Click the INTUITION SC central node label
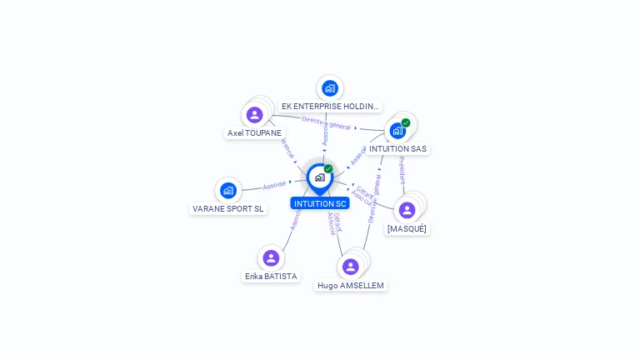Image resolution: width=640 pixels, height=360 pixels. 319,203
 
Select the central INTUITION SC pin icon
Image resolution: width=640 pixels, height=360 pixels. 319,177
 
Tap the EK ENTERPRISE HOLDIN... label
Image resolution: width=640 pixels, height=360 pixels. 330,107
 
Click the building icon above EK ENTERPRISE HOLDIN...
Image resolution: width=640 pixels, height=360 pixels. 330,87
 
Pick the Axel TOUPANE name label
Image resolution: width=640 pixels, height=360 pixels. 255,132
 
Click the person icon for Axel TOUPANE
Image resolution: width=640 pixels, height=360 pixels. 255,114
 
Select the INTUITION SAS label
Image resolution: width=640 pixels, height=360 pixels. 397,149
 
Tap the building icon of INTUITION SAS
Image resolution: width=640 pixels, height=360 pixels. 397,131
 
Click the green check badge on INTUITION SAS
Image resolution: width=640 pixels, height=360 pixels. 406,123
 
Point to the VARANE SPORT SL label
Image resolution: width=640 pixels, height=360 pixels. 228,209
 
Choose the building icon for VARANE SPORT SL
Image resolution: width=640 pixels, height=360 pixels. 228,190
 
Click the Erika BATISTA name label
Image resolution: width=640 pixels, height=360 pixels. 271,276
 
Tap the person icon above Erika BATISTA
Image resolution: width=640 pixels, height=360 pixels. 271,257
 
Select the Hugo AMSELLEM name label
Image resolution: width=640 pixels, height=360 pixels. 351,285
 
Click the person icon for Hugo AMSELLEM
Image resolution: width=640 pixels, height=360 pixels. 351,267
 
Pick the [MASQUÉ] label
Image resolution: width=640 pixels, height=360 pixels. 407,228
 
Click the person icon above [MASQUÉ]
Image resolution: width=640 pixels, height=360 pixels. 407,210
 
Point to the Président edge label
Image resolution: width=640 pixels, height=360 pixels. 402,170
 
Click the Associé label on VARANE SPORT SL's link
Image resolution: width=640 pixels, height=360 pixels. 274,185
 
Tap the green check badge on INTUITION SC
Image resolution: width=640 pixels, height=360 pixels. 328,169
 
